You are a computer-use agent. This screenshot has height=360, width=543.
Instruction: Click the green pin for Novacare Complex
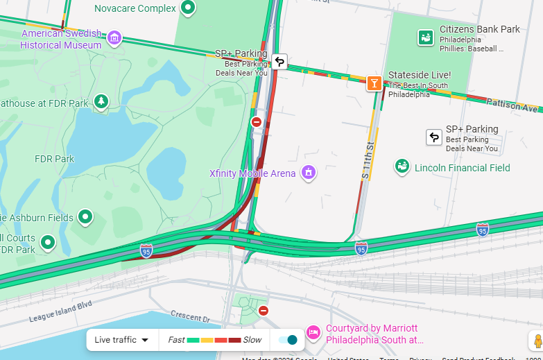tap(187, 8)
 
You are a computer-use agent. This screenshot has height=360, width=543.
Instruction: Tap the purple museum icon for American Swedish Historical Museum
tap(115, 37)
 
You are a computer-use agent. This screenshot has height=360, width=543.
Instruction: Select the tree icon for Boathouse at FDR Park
tap(101, 103)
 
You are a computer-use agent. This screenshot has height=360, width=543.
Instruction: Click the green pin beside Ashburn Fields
tap(85, 217)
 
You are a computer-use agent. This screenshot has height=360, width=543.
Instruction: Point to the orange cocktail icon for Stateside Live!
tap(374, 83)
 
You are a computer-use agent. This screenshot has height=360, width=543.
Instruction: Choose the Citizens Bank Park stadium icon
tap(425, 37)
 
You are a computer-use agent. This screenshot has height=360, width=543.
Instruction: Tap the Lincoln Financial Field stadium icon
tap(402, 166)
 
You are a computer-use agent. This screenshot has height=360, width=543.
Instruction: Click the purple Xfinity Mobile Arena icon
tap(309, 173)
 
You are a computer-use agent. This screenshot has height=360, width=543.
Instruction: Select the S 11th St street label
tap(367, 160)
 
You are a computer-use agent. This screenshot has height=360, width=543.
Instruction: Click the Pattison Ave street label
tap(512, 105)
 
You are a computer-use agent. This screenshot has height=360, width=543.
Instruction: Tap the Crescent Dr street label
tap(190, 317)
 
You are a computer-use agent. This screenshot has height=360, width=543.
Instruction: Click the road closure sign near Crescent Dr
tap(263, 311)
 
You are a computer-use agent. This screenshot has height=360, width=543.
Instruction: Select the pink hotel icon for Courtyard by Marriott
tap(313, 333)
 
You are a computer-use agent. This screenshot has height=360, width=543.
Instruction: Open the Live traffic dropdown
tap(122, 340)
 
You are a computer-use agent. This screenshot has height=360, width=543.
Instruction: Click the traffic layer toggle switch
tap(287, 340)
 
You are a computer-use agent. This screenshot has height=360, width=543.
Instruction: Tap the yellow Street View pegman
tap(537, 341)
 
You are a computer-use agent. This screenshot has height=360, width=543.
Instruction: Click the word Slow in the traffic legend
tap(252, 340)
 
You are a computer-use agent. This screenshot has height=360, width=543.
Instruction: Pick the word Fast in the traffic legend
tap(176, 340)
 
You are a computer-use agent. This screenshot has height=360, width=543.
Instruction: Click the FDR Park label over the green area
tap(54, 159)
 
